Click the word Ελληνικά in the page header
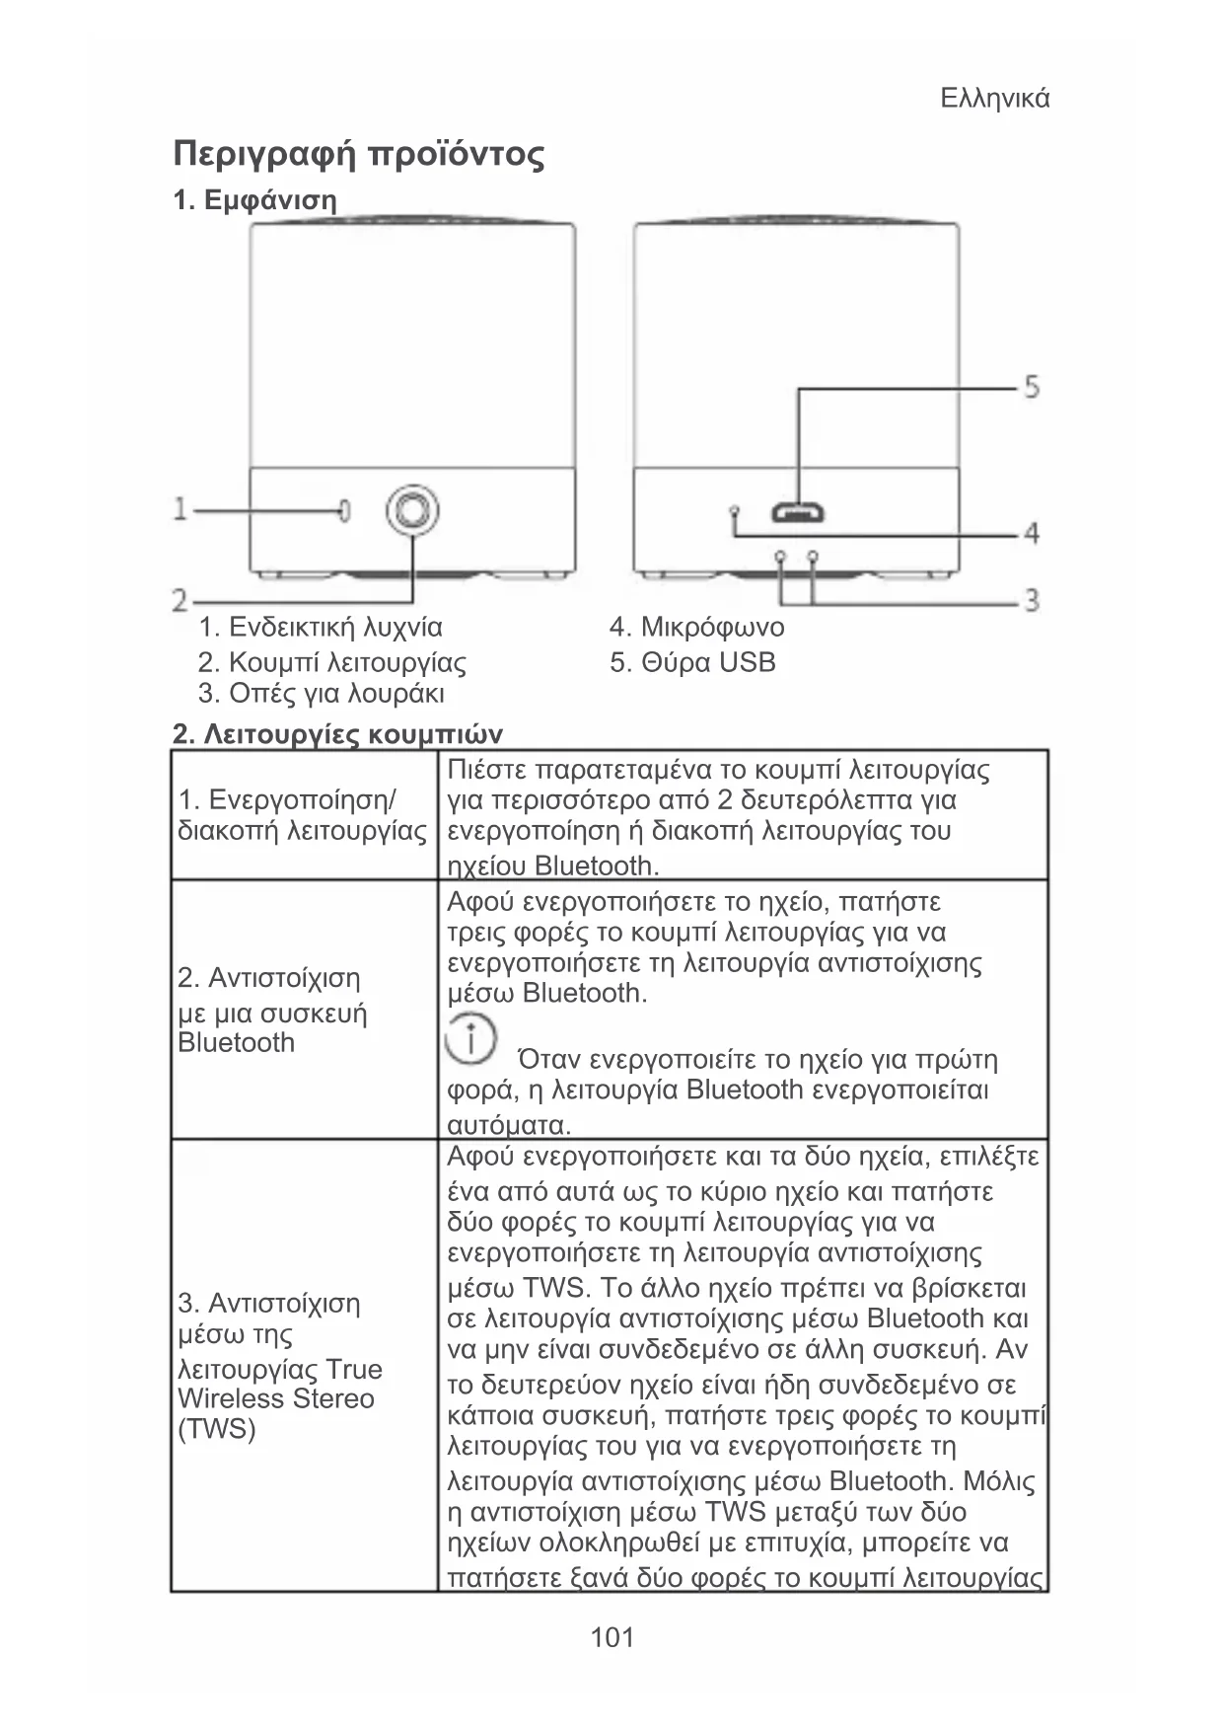pyautogui.click(x=994, y=99)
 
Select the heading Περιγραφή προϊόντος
pyautogui.click(x=358, y=155)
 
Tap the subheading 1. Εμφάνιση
pyautogui.click(x=254, y=200)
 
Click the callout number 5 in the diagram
pyautogui.click(x=1031, y=386)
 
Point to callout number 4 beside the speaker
pyautogui.click(x=1031, y=534)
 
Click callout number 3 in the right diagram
pyautogui.click(x=1031, y=599)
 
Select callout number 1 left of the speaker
pyautogui.click(x=180, y=509)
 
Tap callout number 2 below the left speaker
pyautogui.click(x=180, y=599)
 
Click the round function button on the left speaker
pyautogui.click(x=412, y=510)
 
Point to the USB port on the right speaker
pyautogui.click(x=798, y=513)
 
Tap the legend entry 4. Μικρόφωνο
pyautogui.click(x=696, y=628)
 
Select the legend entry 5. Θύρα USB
pyautogui.click(x=692, y=662)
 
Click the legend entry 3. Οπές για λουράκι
pyautogui.click(x=322, y=694)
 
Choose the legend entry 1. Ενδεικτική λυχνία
pyautogui.click(x=321, y=628)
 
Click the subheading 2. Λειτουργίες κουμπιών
pyautogui.click(x=337, y=735)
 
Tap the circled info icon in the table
pyautogui.click(x=470, y=1038)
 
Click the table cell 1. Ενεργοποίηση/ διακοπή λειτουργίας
pyautogui.click(x=302, y=814)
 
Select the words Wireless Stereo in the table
pyautogui.click(x=276, y=1398)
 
